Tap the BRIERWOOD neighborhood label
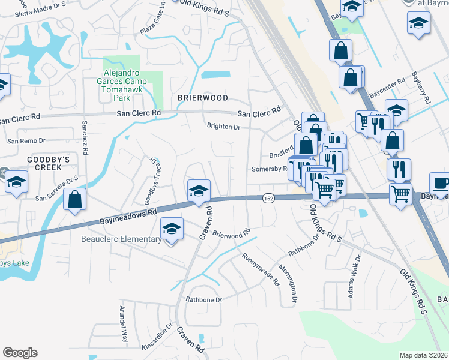203,98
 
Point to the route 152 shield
268,198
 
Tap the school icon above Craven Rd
199,191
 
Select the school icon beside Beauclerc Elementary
172,229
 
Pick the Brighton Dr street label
223,127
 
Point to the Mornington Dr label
295,284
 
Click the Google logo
20,353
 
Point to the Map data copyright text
424,355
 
